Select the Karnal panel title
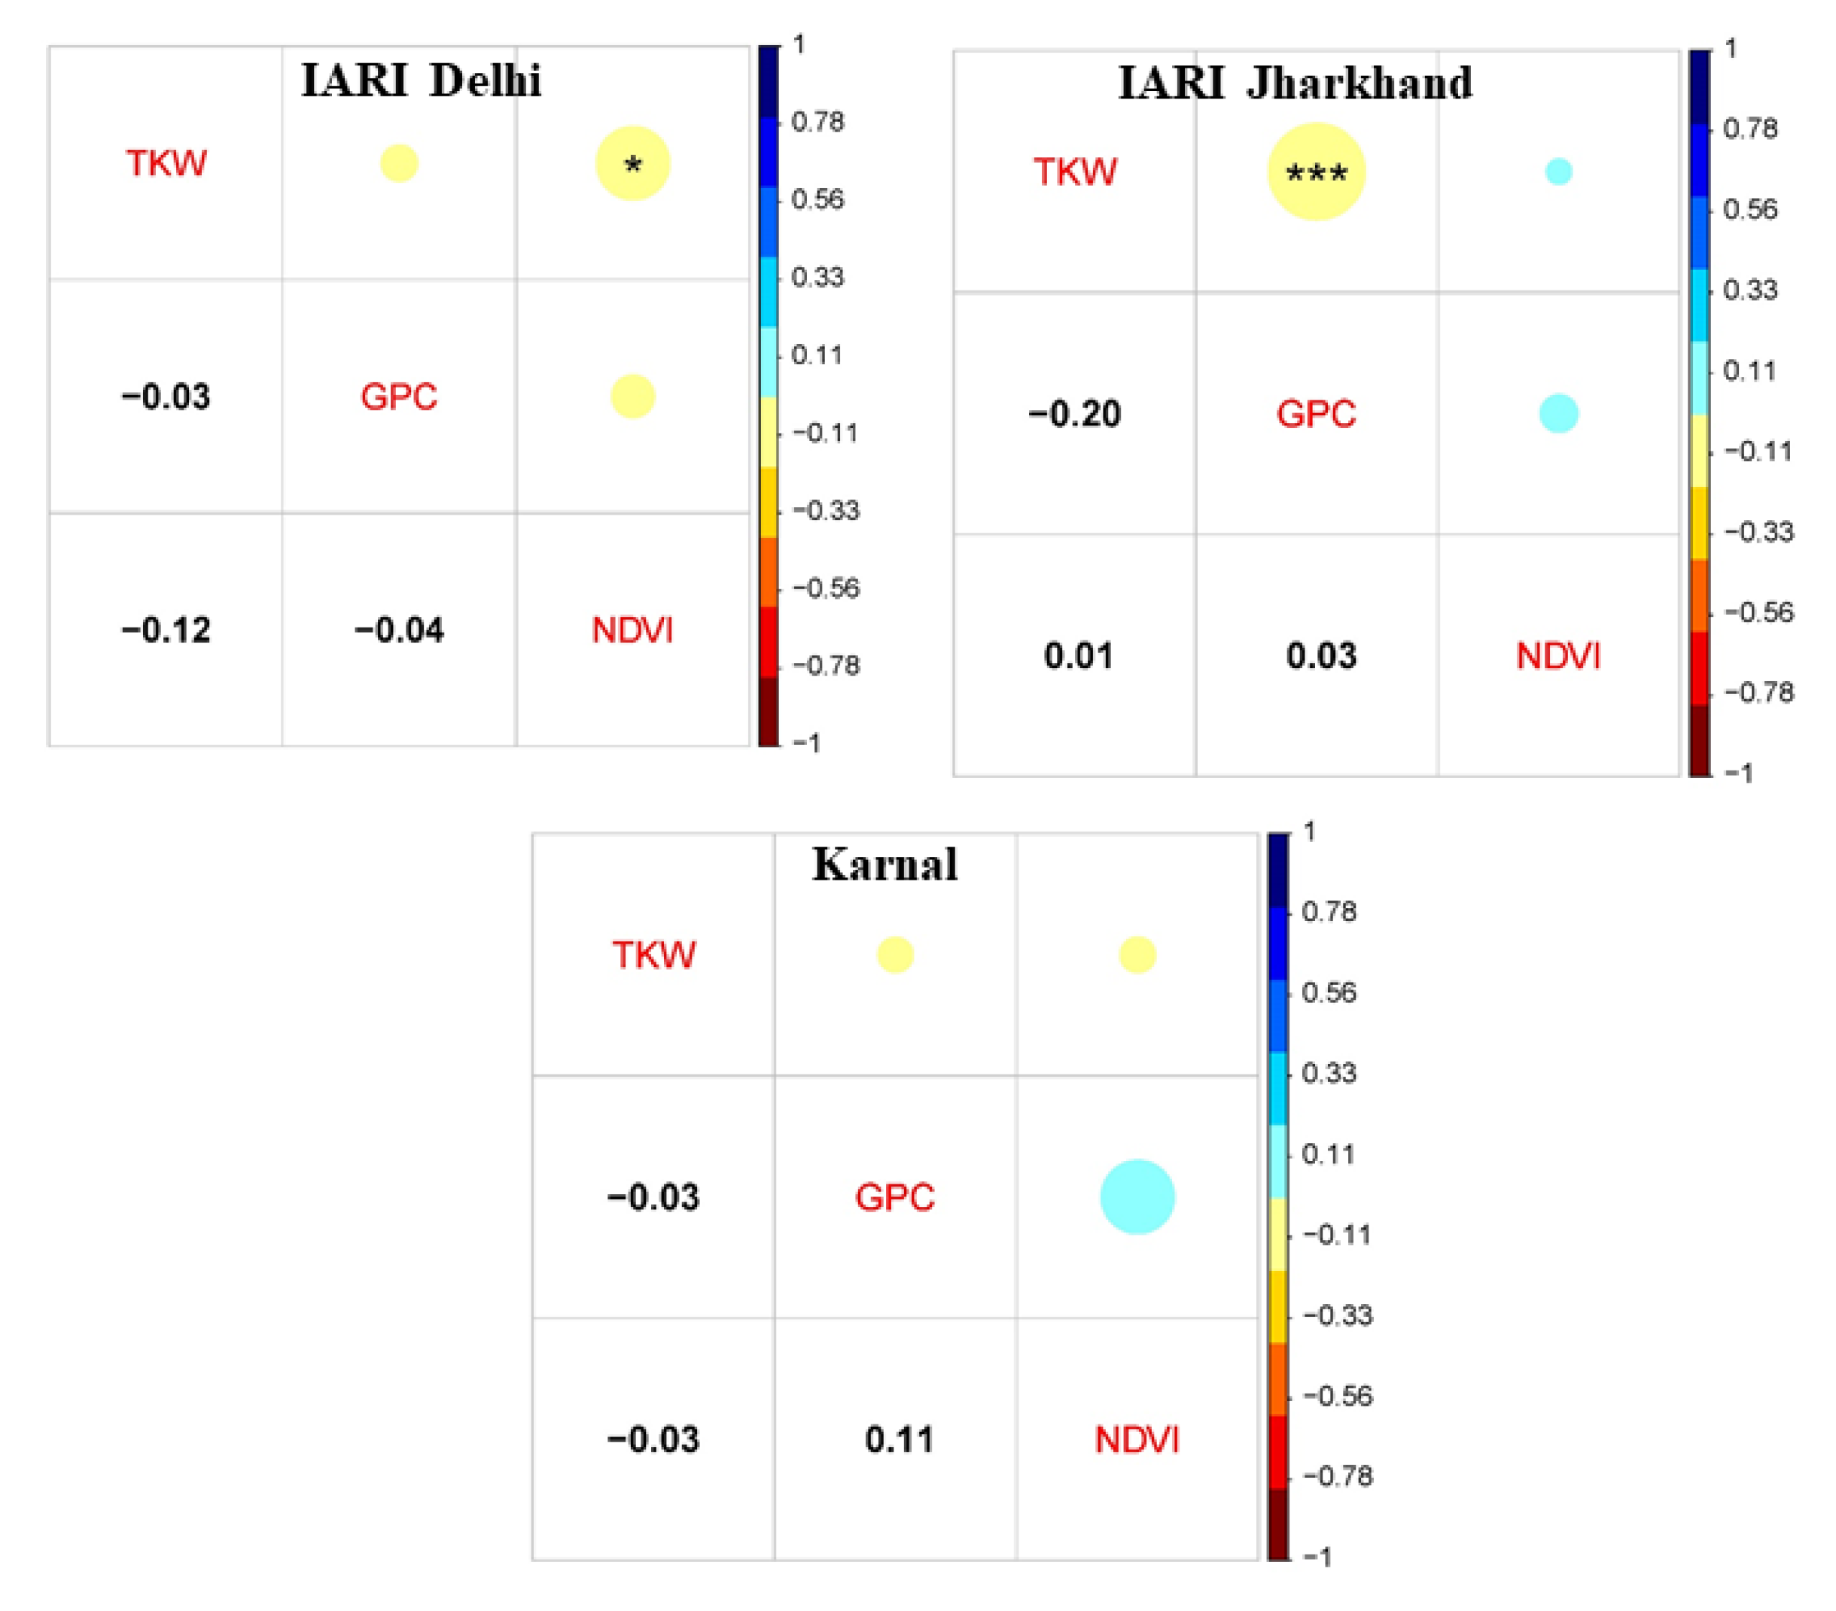click(x=885, y=865)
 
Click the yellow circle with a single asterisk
click(x=632, y=163)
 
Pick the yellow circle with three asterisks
click(x=1316, y=172)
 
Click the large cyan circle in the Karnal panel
click(x=1137, y=1197)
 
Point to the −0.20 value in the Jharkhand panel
click(x=1074, y=414)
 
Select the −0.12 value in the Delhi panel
click(x=166, y=631)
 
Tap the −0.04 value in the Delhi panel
click(x=399, y=631)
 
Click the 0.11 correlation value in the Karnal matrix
click(x=899, y=1439)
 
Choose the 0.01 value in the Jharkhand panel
click(x=1078, y=655)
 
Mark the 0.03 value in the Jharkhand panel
click(x=1320, y=655)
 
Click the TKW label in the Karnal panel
click(x=654, y=955)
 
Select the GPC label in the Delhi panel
click(x=399, y=397)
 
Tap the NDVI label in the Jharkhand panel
click(x=1558, y=656)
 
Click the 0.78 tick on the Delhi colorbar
click(x=818, y=121)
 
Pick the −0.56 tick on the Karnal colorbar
click(x=1338, y=1396)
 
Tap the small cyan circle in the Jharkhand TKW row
click(x=1558, y=171)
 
